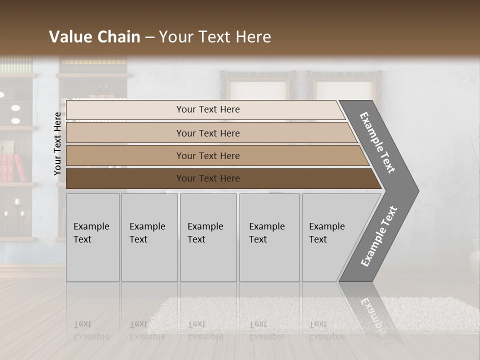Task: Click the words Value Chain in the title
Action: pyautogui.click(x=94, y=37)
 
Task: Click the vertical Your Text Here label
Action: pyautogui.click(x=57, y=144)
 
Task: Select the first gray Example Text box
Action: pyautogui.click(x=92, y=237)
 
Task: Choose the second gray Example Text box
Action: pyautogui.click(x=149, y=237)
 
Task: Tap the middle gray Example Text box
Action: pyautogui.click(x=208, y=237)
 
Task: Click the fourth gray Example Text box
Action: pyautogui.click(x=269, y=237)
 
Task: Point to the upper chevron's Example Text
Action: pyautogui.click(x=377, y=142)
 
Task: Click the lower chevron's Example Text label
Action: pyautogui.click(x=379, y=236)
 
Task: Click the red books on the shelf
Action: pyautogui.click(x=12, y=167)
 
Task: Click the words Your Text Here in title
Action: pyautogui.click(x=215, y=37)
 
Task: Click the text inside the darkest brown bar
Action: pyautogui.click(x=208, y=178)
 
